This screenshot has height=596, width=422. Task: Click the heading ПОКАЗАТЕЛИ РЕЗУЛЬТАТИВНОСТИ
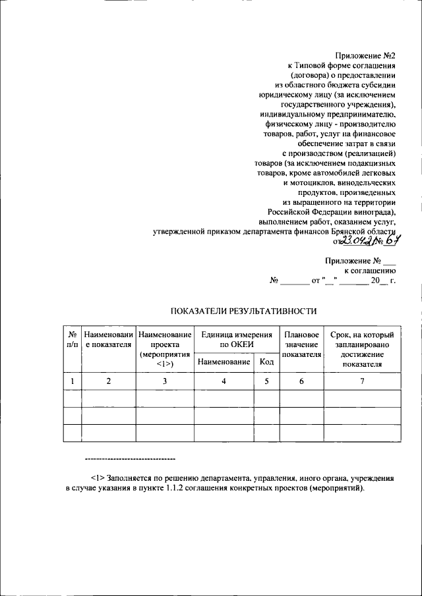(x=244, y=311)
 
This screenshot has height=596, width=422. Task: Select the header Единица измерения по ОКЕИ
(x=236, y=340)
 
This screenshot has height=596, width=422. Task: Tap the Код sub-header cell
(x=266, y=362)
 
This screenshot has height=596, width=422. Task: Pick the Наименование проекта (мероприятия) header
(x=165, y=349)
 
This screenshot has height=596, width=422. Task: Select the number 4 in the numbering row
(x=224, y=381)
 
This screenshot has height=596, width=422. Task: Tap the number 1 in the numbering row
(x=72, y=381)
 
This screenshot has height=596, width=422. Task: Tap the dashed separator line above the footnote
(x=131, y=458)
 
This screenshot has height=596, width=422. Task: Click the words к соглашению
(x=369, y=271)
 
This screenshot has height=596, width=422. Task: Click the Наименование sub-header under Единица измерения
(x=224, y=362)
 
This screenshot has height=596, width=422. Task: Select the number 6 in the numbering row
(x=301, y=381)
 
